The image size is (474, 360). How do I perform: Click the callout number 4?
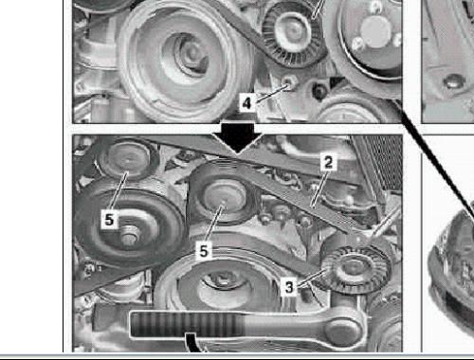point(246,102)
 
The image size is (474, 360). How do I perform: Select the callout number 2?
point(328,162)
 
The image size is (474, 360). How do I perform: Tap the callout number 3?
point(289,287)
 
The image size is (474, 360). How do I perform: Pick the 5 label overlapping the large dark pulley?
point(109,219)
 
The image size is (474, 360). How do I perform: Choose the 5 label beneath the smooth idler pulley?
point(204,250)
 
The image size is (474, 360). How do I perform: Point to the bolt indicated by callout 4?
point(287,82)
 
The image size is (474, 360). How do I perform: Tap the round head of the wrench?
point(343,328)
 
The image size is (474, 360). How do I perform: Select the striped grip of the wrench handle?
point(187,324)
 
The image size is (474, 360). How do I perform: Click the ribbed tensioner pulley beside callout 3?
point(355,268)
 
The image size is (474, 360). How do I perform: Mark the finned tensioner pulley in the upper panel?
point(293,31)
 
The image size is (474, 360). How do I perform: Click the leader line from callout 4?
point(271,93)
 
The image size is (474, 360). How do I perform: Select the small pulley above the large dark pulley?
point(128,159)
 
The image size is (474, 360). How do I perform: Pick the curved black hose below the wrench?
point(193,343)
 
